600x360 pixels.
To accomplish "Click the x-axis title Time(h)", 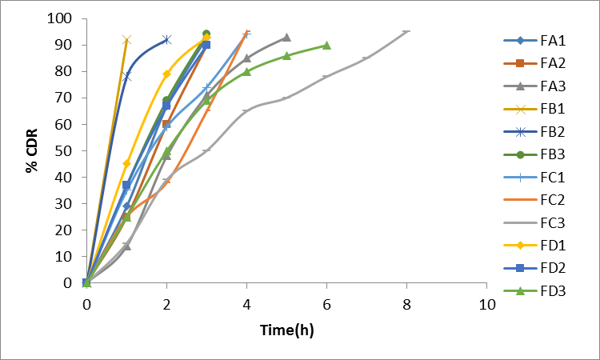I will (286, 330).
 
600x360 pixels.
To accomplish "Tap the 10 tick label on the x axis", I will (486, 305).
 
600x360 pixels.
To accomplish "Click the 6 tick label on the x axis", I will (326, 305).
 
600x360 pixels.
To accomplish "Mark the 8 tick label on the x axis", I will (406, 305).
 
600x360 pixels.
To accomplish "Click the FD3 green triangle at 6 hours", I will (326, 46).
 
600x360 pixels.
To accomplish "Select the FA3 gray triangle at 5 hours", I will (286, 38).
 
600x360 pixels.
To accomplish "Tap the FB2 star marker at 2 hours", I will (166, 39).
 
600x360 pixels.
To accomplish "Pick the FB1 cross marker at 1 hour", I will (126, 39).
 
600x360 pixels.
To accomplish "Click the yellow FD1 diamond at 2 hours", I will (166, 74).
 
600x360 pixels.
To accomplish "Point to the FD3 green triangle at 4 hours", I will (246, 71).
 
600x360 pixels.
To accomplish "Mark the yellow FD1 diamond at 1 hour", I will (126, 163).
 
